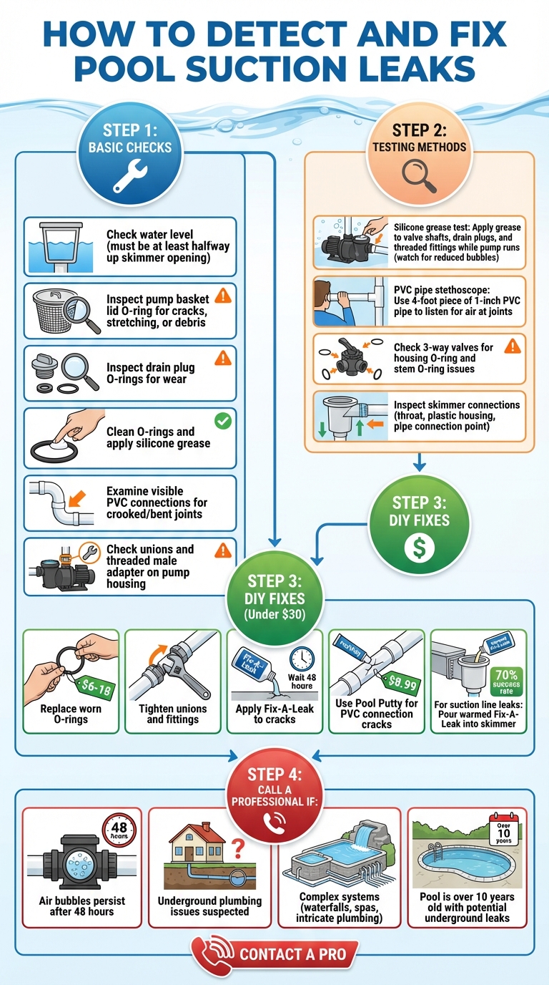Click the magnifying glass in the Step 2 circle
click(x=419, y=173)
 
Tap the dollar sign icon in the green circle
click(x=419, y=548)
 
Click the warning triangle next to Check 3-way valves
click(x=512, y=346)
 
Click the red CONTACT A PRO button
click(x=274, y=954)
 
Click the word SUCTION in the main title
click(x=274, y=69)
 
